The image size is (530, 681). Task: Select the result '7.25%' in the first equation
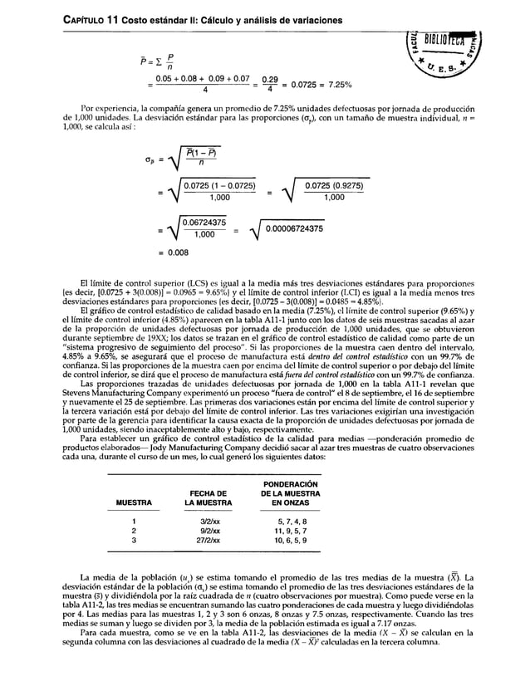(337, 85)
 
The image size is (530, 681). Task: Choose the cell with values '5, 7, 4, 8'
(289, 521)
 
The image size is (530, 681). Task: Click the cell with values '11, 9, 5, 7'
(289, 530)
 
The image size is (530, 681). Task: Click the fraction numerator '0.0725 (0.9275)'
(334, 186)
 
